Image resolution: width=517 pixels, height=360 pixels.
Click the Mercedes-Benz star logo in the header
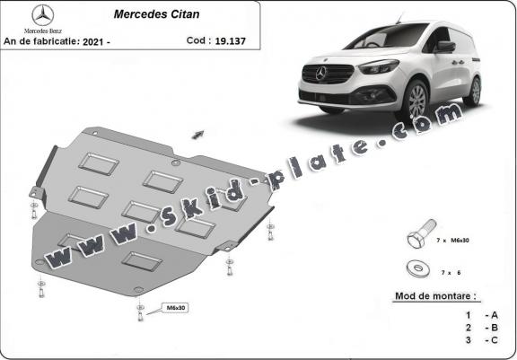[43, 15]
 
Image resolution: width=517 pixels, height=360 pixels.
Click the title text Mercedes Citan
[156, 14]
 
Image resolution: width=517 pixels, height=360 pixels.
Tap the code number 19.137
[230, 41]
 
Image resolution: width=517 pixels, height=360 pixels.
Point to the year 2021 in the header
[92, 42]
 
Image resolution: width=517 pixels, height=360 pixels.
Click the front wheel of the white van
[416, 101]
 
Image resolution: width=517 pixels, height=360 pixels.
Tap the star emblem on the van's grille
[320, 73]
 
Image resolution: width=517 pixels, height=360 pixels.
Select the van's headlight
[379, 66]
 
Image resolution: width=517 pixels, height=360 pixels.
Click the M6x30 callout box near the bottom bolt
[175, 308]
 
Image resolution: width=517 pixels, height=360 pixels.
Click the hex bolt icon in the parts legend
[421, 233]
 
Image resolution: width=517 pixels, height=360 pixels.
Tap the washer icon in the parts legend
[418, 268]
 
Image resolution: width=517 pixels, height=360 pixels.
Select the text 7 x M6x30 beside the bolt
[452, 241]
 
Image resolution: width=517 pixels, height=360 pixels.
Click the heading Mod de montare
[435, 295]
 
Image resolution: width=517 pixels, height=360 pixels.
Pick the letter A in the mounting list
[495, 315]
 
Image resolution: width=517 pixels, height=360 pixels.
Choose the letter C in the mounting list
[495, 340]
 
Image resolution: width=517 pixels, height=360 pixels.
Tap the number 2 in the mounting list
[469, 328]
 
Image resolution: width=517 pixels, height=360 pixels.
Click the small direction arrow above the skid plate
[197, 134]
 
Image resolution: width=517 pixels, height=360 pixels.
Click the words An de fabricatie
[41, 41]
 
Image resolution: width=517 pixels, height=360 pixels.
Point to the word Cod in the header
[196, 40]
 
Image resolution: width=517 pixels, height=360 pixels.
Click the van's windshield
[389, 36]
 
